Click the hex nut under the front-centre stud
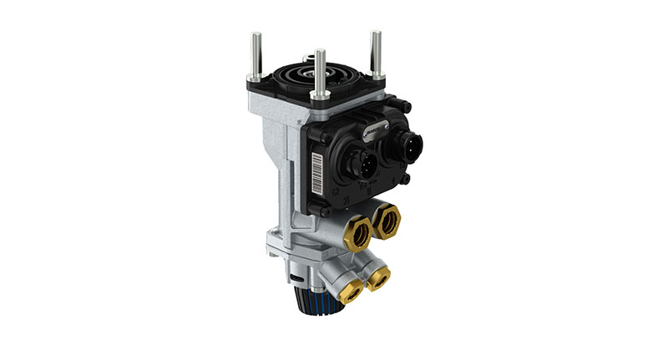pos(318,94)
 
